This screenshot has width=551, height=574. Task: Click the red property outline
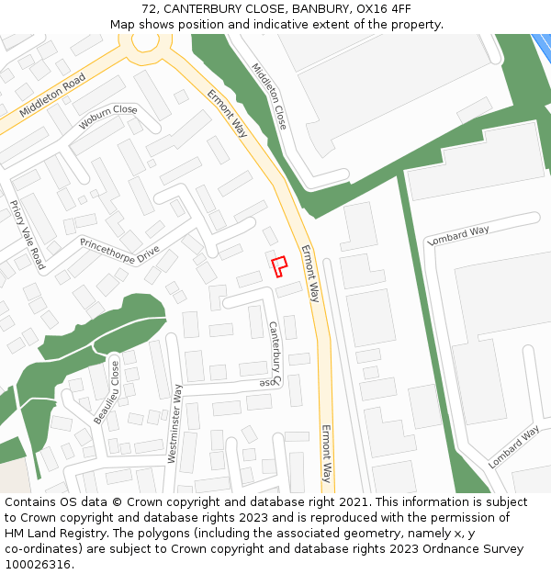pos(279,265)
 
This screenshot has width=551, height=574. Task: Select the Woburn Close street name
pos(107,117)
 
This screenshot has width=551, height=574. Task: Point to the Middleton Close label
pos(269,96)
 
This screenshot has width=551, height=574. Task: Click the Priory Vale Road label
pos(27,235)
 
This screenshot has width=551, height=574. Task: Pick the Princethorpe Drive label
pos(119,250)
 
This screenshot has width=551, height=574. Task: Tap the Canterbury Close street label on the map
pos(274,353)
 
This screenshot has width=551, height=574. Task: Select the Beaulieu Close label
pos(107,392)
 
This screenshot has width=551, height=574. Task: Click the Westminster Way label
pos(174,423)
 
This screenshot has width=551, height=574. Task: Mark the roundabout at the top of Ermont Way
pos(146,41)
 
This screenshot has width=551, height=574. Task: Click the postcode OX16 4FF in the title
pos(383,9)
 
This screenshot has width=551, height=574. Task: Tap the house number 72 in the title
pos(150,9)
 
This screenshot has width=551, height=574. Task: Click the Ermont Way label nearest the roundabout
pos(227,113)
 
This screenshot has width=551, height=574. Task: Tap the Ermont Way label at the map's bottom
pos(325,454)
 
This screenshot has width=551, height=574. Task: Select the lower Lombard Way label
pos(514,447)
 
